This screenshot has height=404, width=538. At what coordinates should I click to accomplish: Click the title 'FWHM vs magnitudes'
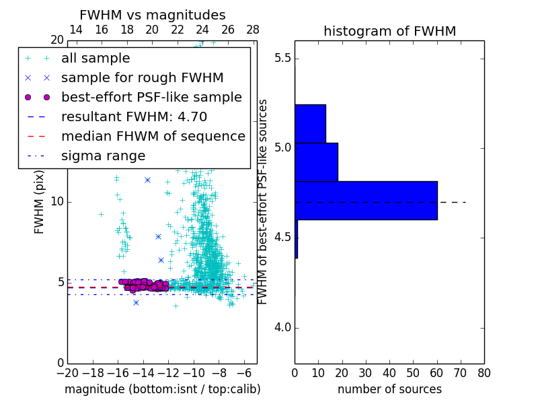153,15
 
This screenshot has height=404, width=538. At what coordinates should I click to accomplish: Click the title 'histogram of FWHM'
389,31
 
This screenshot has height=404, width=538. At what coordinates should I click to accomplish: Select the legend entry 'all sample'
95,59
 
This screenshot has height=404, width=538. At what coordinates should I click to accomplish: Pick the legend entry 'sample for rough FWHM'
142,77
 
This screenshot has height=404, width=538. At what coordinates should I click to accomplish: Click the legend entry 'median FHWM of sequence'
153,136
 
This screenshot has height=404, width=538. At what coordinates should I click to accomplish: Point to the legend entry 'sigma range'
103,156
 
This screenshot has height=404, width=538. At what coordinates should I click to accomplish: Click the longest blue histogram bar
366,200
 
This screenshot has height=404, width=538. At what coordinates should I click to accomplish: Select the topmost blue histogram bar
310,123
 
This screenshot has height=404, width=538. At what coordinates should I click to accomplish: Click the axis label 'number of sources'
389,389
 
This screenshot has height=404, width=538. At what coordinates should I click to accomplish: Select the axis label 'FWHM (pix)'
39,202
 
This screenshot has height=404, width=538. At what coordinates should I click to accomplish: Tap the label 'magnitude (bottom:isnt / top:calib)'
162,389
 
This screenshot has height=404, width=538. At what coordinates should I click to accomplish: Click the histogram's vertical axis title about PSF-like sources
263,202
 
